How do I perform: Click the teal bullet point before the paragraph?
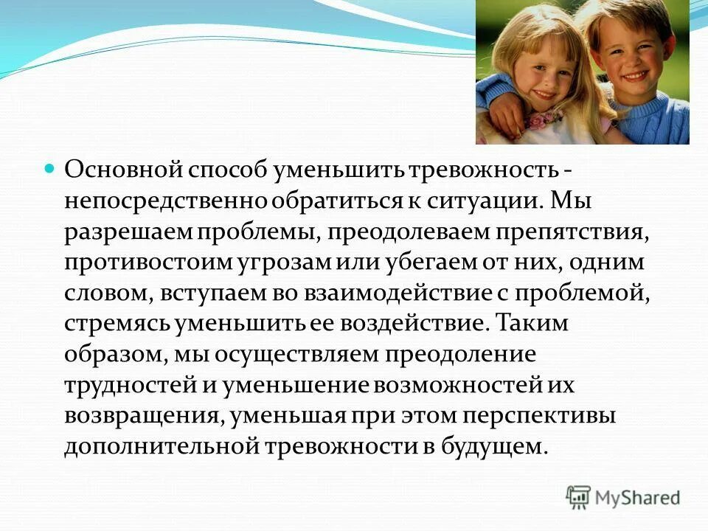click(x=50, y=169)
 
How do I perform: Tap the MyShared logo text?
click(x=639, y=497)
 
